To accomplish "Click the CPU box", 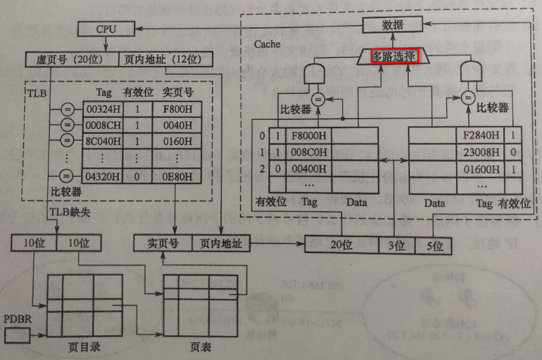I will coord(106,29).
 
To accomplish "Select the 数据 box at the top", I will coord(393,25).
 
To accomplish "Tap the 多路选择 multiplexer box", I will coord(394,56).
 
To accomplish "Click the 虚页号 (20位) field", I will coord(71,59).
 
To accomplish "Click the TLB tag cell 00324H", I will coord(102,110).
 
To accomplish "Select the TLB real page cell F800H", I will coord(176,110).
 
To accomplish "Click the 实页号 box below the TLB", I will coord(162,244).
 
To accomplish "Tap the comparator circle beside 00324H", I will coord(67,110).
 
